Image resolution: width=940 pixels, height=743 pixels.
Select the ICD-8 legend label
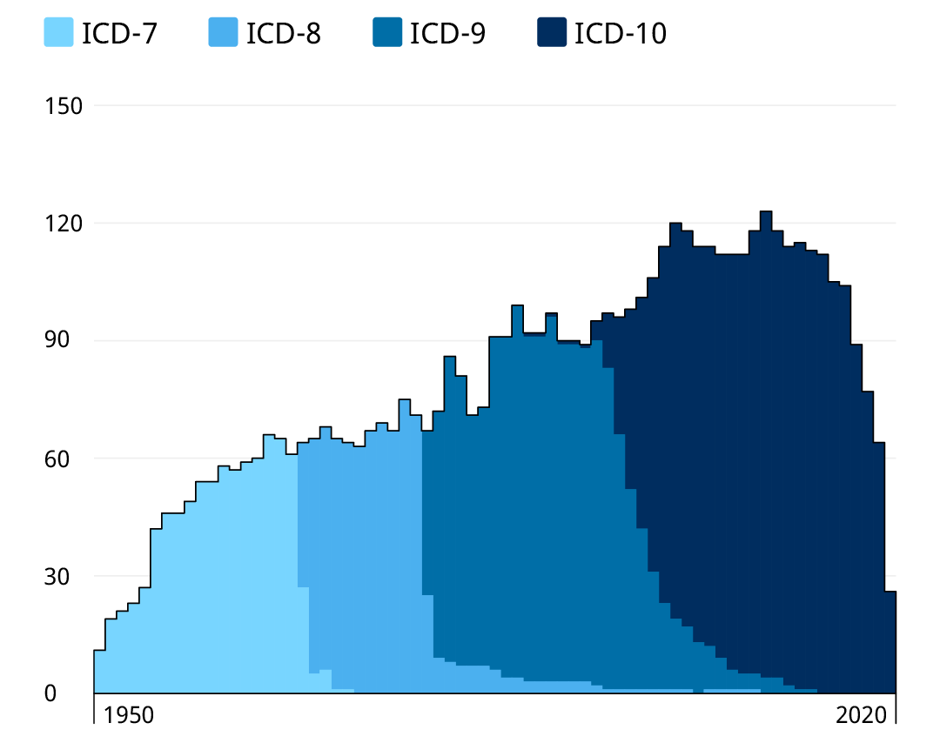283,34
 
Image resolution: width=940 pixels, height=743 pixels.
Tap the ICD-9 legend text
447,34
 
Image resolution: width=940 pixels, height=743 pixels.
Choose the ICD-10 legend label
621,34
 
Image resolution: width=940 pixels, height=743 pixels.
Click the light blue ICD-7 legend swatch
59,33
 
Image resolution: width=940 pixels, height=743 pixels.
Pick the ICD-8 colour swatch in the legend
224,33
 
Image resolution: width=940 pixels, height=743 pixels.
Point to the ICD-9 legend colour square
387,33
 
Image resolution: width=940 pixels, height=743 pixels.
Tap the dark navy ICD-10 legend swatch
552,33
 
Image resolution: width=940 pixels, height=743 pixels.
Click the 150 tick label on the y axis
63,106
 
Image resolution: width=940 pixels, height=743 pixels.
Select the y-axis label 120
63,224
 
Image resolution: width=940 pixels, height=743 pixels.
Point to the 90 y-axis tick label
68,341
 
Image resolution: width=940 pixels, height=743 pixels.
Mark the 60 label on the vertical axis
68,459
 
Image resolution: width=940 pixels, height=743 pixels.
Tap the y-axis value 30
68,576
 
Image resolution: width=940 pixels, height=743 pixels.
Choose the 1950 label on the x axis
129,715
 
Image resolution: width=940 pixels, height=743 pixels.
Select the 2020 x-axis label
861,715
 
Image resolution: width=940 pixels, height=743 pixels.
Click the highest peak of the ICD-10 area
766,212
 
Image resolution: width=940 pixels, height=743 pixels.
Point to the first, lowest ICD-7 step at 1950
99,671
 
